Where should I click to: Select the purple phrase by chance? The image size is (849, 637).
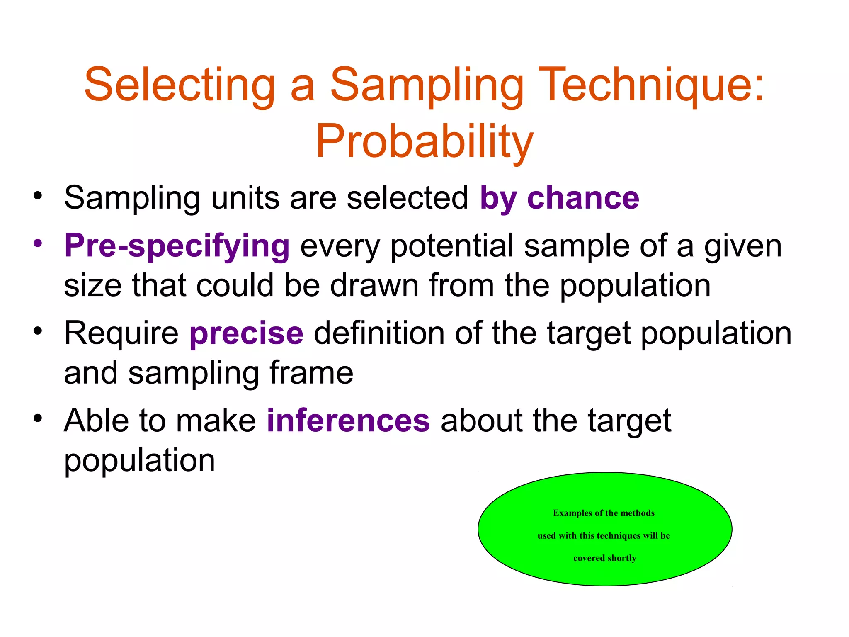click(x=559, y=198)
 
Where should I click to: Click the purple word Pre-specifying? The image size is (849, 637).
click(x=177, y=246)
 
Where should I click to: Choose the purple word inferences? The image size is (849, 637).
click(x=348, y=421)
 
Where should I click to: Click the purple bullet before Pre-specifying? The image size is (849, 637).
click(x=38, y=243)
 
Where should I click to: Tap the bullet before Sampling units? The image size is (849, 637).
click(x=38, y=195)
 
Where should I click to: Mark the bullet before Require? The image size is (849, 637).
click(x=38, y=331)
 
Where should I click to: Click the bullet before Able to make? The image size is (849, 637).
click(x=38, y=418)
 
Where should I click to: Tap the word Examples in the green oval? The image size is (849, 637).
click(x=572, y=513)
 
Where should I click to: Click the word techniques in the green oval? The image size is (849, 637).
click(x=619, y=536)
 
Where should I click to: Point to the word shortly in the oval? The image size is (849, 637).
click(x=622, y=558)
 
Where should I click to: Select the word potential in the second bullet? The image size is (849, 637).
click(x=452, y=246)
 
